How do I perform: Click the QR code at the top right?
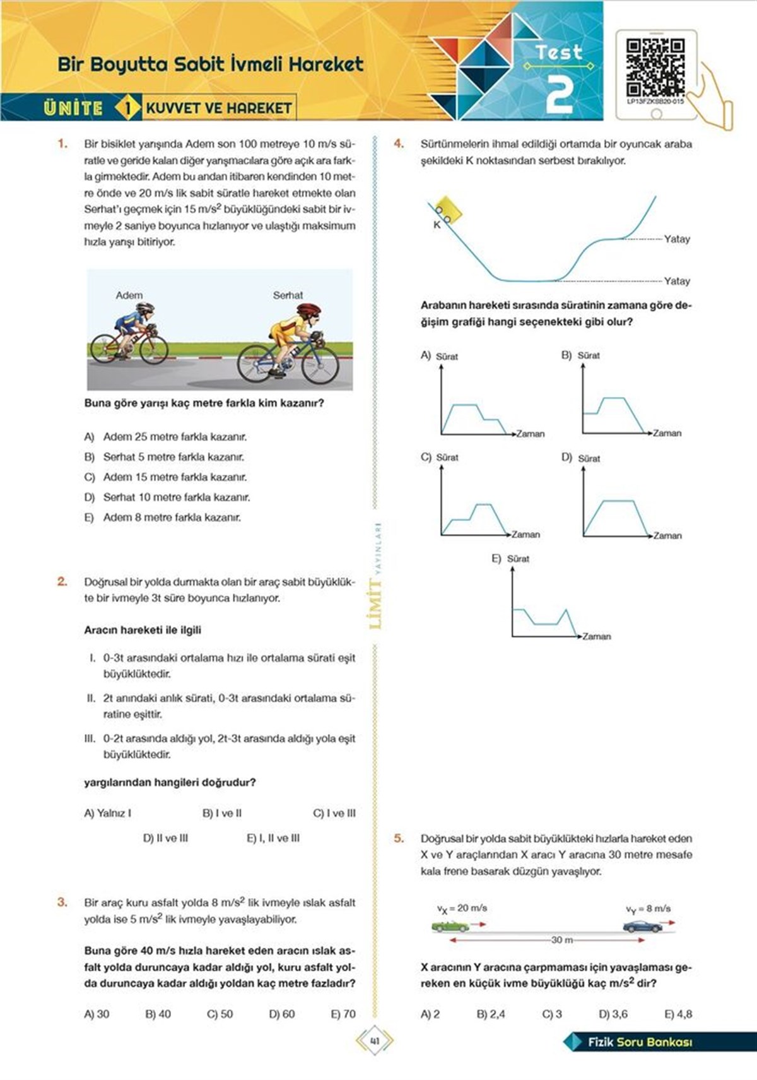[x=655, y=67]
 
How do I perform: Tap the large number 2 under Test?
[x=559, y=95]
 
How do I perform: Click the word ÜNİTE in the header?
[x=73, y=108]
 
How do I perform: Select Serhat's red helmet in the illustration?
[x=308, y=311]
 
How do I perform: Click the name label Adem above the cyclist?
[x=129, y=295]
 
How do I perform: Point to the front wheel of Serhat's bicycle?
[x=320, y=365]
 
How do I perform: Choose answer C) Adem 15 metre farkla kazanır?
[x=175, y=477]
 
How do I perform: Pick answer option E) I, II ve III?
[x=273, y=838]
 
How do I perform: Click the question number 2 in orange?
[x=62, y=581]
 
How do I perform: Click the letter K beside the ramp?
[x=437, y=225]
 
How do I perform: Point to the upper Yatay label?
[x=677, y=239]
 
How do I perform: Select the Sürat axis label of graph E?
[x=518, y=559]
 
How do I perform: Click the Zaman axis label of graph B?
[x=667, y=434]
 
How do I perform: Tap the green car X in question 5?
[x=450, y=927]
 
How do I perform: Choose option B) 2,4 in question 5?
[x=491, y=1014]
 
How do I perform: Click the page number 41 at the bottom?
[x=375, y=1041]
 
